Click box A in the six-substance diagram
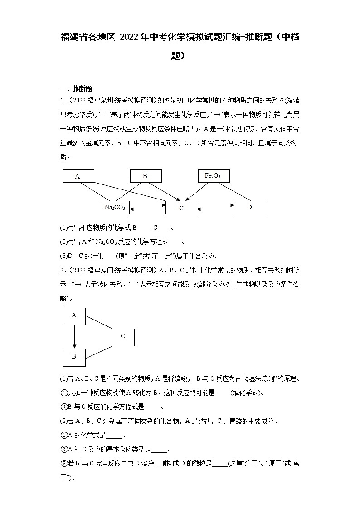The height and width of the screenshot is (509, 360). (x=78, y=176)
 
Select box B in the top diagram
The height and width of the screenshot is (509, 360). (x=146, y=176)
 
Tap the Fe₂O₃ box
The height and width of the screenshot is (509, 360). (x=214, y=176)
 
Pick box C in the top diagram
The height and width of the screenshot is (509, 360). (x=181, y=208)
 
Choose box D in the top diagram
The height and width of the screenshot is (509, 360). (x=249, y=207)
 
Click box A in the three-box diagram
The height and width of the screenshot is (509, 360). (x=74, y=316)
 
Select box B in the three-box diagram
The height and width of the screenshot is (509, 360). (x=74, y=357)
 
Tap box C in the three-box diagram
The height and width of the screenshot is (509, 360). (x=123, y=336)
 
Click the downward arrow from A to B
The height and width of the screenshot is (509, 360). (x=74, y=336)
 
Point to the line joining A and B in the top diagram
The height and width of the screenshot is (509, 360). (x=112, y=176)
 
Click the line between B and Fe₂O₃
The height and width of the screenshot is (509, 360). (x=180, y=176)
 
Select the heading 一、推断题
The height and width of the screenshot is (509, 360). (x=76, y=89)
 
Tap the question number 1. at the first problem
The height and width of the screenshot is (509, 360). (x=63, y=100)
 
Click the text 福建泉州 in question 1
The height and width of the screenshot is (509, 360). (x=95, y=100)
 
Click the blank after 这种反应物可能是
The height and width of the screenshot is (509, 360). (x=222, y=393)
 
